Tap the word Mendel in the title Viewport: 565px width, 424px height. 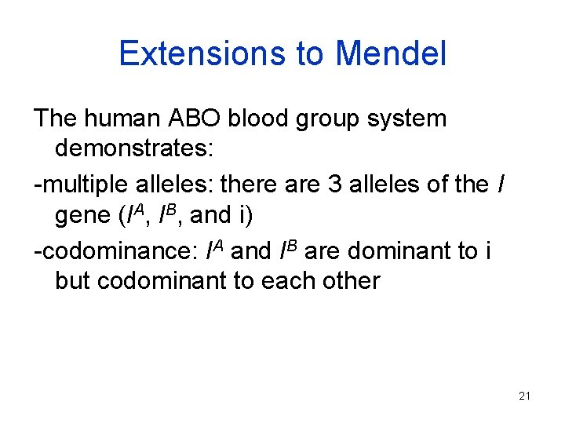tap(390, 54)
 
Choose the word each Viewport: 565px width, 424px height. tap(286, 280)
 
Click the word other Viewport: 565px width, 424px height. tap(349, 280)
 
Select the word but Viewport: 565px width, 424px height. tap(74, 280)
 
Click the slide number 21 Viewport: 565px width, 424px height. tap(525, 396)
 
